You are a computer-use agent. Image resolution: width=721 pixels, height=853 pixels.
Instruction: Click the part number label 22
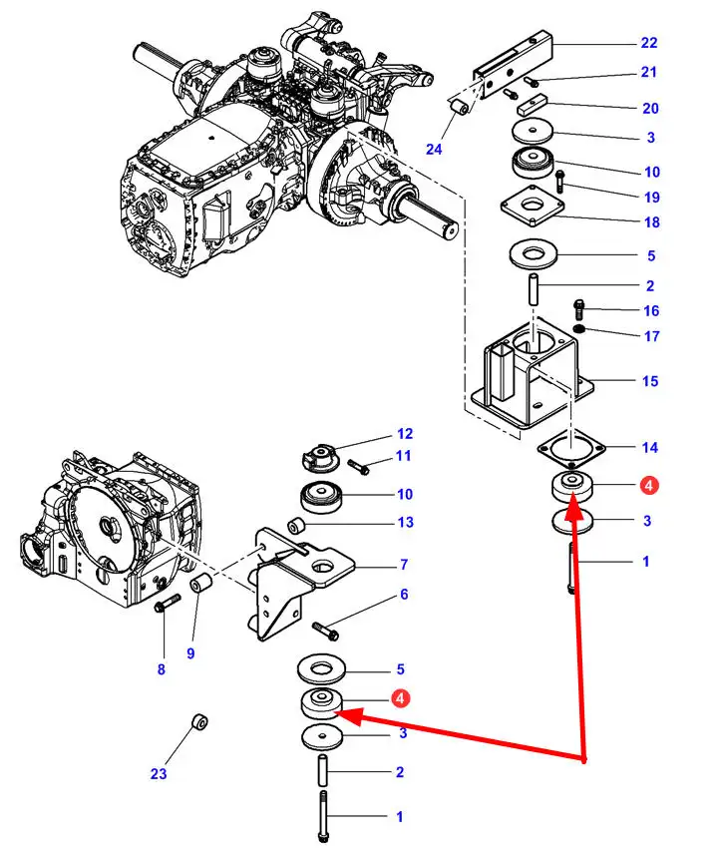point(649,43)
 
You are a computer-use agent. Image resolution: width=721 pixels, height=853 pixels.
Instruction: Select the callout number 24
point(432,151)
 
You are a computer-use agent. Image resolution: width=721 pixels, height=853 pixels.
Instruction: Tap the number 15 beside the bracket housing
point(649,381)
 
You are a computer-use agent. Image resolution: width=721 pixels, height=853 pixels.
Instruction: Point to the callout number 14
point(649,448)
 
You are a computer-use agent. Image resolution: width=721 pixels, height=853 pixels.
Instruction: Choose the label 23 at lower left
point(159,773)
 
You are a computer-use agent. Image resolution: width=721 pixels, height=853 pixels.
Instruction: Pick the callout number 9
point(161,669)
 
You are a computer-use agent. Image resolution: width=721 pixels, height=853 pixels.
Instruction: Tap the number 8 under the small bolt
point(190,653)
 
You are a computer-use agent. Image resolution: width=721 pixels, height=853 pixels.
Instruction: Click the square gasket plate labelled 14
point(569,450)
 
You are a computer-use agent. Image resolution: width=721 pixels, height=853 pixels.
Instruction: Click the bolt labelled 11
point(360,466)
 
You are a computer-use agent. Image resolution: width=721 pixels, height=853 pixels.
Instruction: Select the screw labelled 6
point(326,631)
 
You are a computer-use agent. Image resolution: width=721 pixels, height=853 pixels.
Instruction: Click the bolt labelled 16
point(577,306)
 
